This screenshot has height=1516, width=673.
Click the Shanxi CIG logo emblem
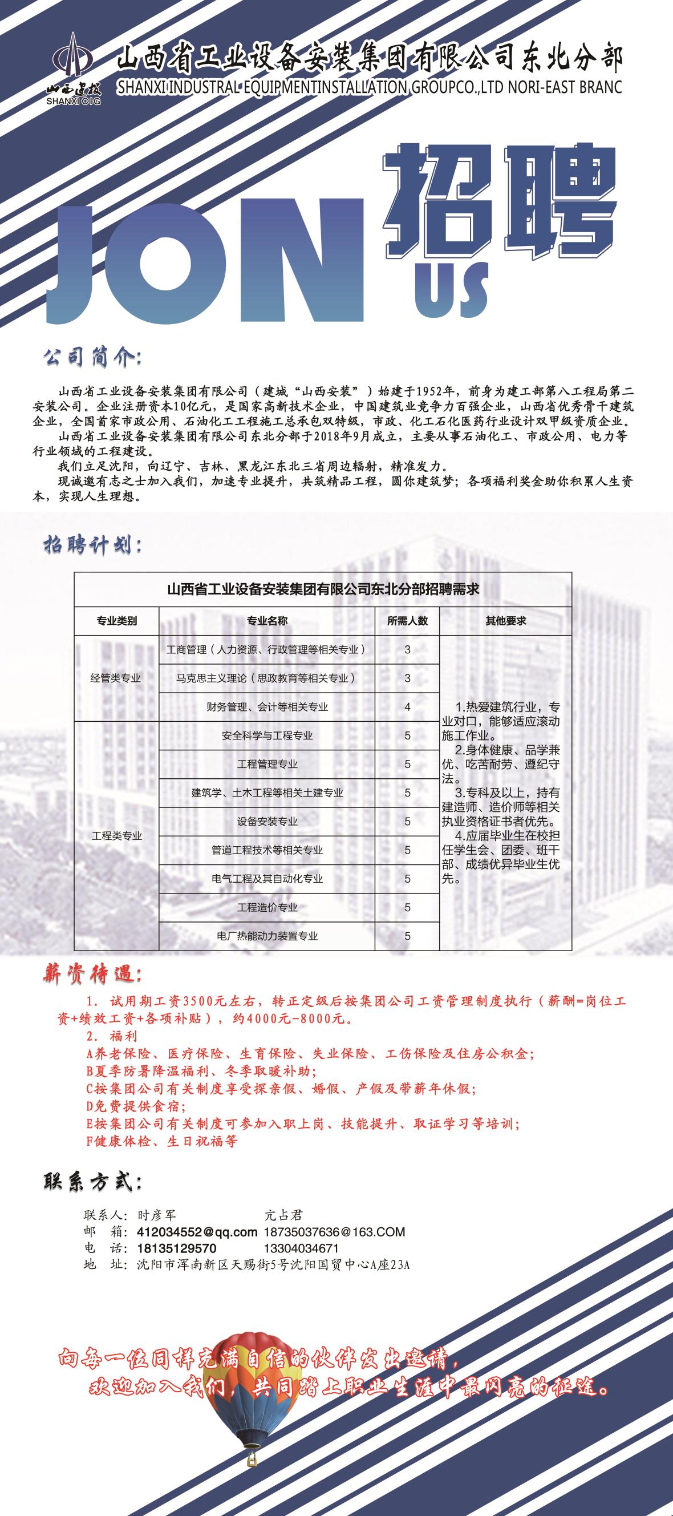(73, 63)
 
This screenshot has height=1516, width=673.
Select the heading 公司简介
(92, 358)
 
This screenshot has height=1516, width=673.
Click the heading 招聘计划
(92, 545)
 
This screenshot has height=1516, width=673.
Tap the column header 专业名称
(267, 621)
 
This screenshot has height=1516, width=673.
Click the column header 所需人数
(407, 621)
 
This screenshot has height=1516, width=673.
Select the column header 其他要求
(505, 621)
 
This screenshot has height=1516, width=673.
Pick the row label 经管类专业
(116, 678)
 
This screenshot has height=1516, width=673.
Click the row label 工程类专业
(116, 836)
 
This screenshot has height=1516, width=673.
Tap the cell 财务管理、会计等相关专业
(267, 707)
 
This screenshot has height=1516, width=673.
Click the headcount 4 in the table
(407, 707)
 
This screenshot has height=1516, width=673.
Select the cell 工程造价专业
(267, 907)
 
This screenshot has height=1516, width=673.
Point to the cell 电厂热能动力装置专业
(267, 936)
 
